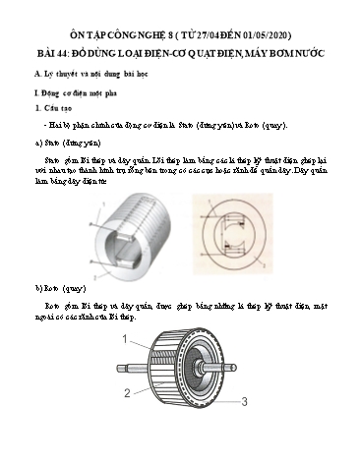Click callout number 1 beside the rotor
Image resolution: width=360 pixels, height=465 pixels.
(126, 339)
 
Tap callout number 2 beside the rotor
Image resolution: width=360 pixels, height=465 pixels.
(127, 393)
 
